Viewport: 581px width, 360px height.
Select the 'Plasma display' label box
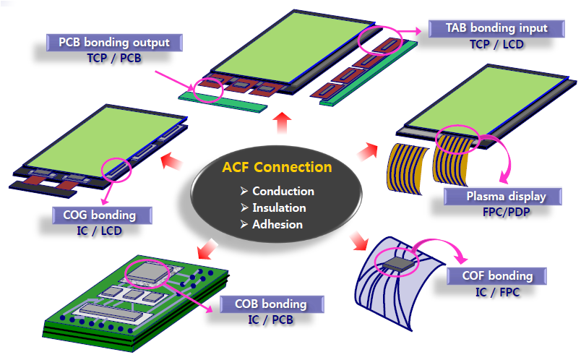tap(495, 196)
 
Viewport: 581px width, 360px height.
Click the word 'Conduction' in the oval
tap(283, 192)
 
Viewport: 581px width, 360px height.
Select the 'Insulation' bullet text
tap(279, 207)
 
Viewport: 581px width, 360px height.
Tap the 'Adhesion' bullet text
tap(277, 224)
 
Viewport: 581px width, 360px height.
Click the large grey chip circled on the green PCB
tap(150, 271)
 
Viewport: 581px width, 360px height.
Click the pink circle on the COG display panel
tap(118, 170)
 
